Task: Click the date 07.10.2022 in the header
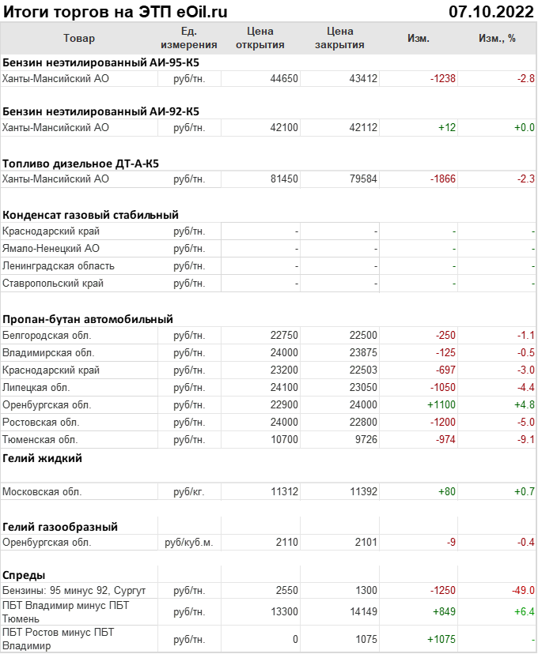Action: coord(491,11)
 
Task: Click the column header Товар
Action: coord(78,38)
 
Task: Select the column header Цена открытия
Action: coord(260,38)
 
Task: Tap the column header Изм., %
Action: coord(497,38)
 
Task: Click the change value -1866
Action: coord(443,179)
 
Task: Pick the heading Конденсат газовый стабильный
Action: coord(90,214)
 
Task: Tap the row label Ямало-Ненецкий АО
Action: coord(51,249)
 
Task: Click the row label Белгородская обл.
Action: coord(47,335)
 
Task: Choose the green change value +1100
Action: coord(441,404)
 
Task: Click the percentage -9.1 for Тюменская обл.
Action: coord(526,439)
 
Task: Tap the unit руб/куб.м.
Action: coord(188,543)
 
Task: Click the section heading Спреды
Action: coord(24,574)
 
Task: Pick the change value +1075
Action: coord(441,639)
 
